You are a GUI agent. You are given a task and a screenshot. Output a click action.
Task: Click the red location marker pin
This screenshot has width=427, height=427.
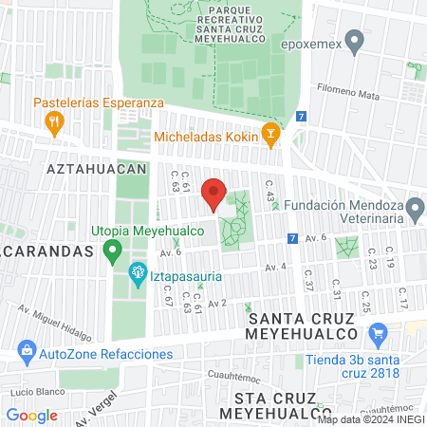214,194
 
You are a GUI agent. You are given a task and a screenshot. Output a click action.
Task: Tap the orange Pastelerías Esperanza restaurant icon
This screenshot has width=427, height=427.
54,121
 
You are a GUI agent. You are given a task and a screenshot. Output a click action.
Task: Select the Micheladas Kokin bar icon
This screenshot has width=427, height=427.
270,135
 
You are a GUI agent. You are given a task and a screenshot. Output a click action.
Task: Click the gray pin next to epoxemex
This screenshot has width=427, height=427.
356,42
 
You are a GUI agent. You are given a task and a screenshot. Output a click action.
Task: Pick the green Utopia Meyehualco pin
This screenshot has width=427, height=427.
113,251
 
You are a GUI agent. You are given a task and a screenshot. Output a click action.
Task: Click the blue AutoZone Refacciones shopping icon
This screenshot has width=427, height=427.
27,354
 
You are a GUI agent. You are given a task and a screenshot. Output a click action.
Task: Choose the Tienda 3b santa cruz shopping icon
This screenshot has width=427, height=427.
380,334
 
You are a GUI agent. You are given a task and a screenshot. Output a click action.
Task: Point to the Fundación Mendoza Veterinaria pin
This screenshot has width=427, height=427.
415,209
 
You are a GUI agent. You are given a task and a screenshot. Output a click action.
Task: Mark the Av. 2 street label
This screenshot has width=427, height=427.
217,303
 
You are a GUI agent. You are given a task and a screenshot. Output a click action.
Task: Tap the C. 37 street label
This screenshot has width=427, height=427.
308,282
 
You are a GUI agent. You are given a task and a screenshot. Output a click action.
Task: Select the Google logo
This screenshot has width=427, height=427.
31,415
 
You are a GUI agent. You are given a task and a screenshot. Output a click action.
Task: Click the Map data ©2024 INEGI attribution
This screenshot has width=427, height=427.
370,419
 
